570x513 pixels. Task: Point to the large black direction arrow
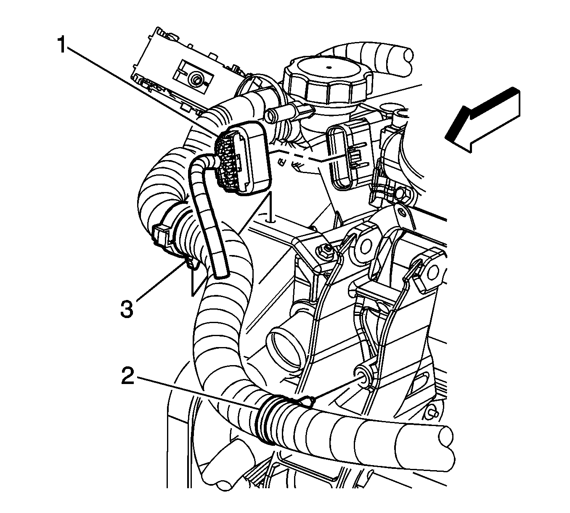pos(483,120)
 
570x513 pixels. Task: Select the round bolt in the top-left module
pos(195,81)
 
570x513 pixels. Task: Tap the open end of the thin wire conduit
pos(221,274)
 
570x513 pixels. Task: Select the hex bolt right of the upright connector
pos(404,194)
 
